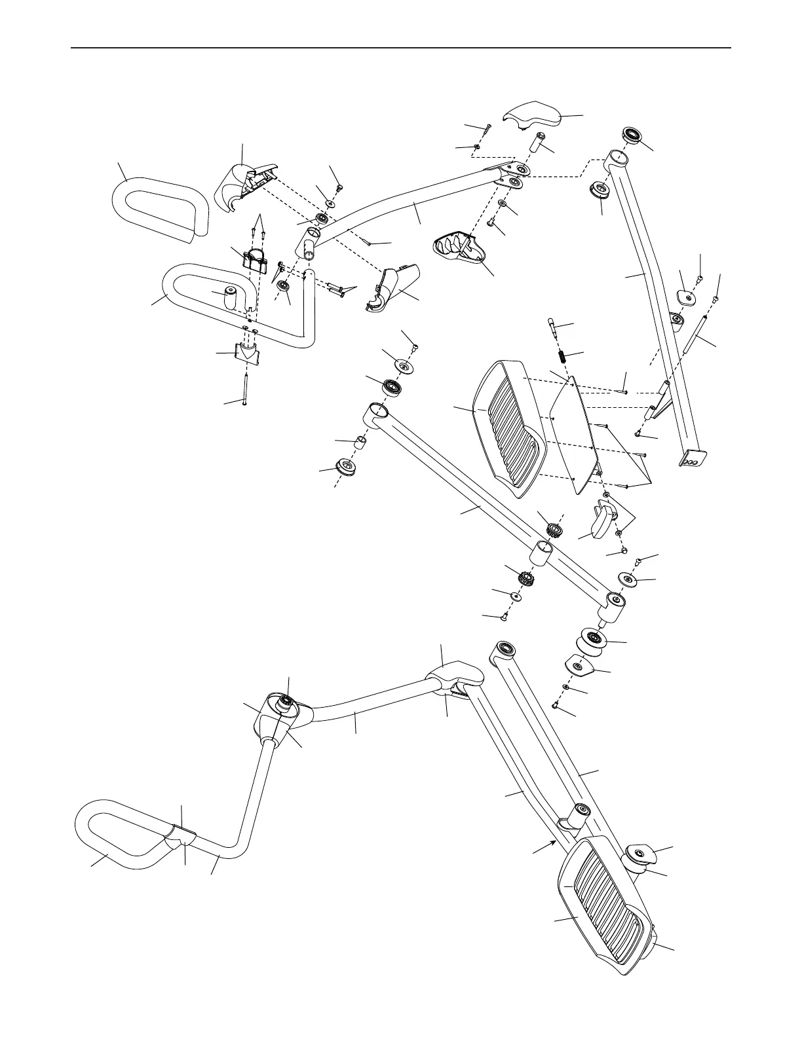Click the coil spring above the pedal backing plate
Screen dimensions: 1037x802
[x=562, y=357]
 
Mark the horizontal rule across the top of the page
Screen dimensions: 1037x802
[x=400, y=48]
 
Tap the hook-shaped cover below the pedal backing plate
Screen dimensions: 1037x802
[x=601, y=520]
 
